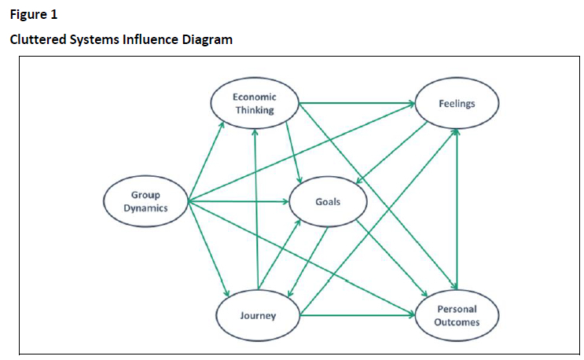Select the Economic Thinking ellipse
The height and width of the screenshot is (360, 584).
click(x=254, y=103)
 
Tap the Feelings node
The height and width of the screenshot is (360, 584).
click(x=456, y=104)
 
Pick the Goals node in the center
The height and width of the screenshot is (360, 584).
click(x=328, y=202)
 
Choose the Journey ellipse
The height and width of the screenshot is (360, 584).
click(x=258, y=316)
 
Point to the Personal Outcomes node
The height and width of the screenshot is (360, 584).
click(x=456, y=316)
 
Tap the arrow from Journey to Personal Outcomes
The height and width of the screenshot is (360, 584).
click(x=358, y=316)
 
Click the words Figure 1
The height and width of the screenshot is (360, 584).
click(x=34, y=14)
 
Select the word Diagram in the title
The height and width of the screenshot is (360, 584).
click(x=208, y=39)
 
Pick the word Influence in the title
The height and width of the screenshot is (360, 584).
click(x=152, y=39)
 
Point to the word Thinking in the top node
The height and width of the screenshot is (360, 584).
click(x=254, y=110)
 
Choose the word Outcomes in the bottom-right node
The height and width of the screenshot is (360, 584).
click(x=456, y=322)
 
